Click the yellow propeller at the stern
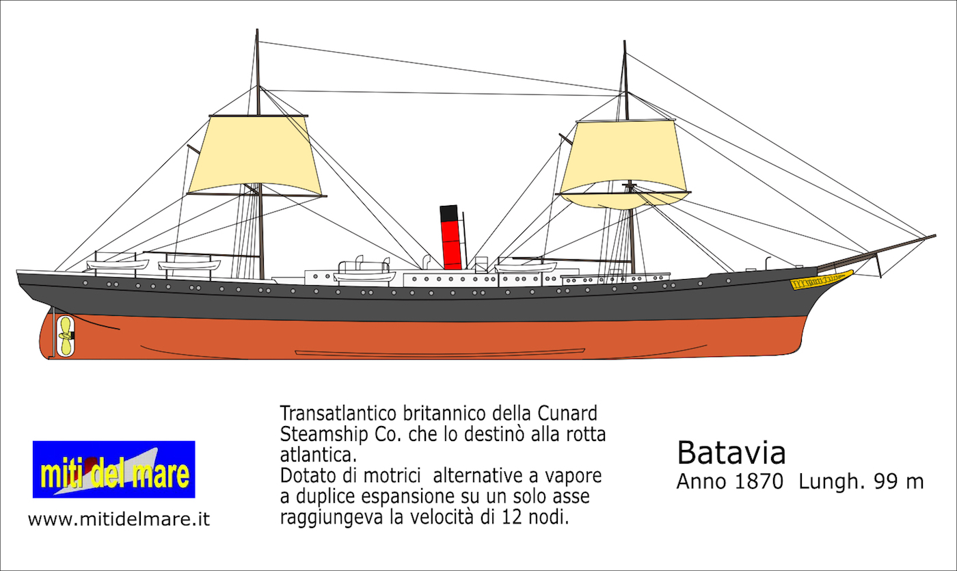[x=66, y=336]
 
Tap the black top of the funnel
[x=449, y=213]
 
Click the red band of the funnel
[x=452, y=245]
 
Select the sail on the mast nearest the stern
[x=254, y=156]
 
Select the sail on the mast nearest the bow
[x=623, y=163]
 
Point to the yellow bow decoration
[x=821, y=280]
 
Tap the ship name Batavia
[x=731, y=453]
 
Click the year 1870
[x=757, y=481]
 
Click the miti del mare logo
[x=113, y=469]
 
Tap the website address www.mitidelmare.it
[x=119, y=519]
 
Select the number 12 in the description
[x=512, y=517]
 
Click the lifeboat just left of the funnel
[x=364, y=276]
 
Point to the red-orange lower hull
[x=427, y=340]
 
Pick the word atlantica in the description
[x=319, y=455]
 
